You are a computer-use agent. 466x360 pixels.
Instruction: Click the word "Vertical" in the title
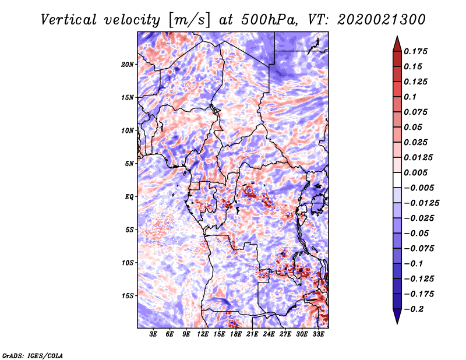69,20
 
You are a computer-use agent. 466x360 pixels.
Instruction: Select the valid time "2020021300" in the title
382,20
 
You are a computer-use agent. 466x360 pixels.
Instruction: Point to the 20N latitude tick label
128,64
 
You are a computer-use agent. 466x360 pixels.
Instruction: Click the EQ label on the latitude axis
129,197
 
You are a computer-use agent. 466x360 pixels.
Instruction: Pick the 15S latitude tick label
128,296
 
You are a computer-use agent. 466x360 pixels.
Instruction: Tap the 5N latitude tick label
129,164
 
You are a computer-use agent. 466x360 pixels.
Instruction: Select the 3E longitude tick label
153,334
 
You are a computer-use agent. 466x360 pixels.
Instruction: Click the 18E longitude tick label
236,334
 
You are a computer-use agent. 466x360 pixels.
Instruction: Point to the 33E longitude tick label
318,334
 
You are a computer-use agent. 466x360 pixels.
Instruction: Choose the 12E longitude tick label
203,334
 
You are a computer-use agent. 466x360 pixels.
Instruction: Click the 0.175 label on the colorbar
415,51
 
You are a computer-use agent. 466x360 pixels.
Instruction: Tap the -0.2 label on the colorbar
414,309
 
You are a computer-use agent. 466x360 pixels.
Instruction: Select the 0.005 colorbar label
415,172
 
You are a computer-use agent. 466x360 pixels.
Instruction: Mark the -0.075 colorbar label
419,249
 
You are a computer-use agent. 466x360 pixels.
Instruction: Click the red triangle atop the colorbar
397,44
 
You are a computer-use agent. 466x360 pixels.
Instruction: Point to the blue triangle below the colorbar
397,316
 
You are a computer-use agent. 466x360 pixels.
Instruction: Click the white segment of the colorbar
397,180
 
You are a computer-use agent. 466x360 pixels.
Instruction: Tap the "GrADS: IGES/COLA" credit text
33,356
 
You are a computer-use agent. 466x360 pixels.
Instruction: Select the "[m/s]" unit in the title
189,20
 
